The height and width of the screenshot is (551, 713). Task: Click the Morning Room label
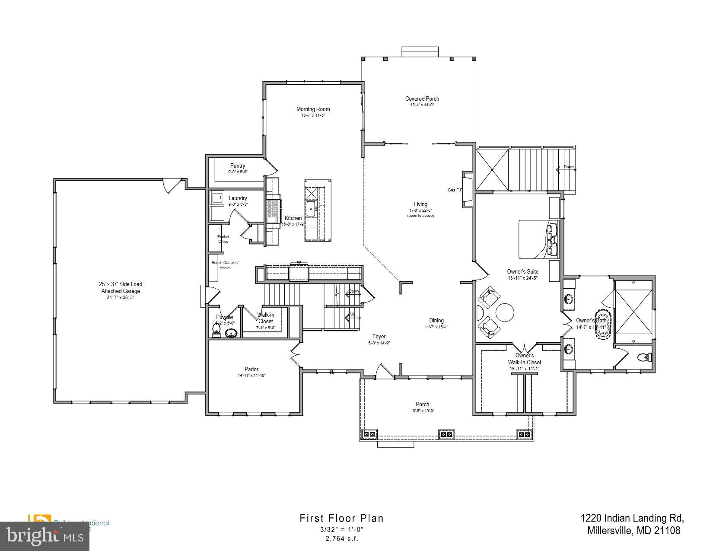click(313, 109)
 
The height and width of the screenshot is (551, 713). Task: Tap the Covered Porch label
click(422, 99)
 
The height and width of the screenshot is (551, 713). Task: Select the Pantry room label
click(237, 166)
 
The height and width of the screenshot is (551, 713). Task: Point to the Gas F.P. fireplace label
click(455, 190)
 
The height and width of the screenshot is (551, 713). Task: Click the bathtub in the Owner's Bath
click(602, 325)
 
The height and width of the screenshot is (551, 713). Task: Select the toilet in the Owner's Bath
click(644, 357)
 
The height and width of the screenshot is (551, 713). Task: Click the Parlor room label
click(251, 369)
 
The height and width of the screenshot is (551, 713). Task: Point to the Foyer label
click(379, 337)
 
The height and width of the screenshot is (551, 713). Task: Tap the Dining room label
click(436, 321)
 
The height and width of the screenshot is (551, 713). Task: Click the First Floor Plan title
click(341, 518)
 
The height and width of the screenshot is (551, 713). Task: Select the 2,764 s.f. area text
click(342, 539)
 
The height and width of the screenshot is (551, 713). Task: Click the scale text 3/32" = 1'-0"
click(342, 529)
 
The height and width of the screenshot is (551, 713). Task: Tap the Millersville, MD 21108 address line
click(633, 530)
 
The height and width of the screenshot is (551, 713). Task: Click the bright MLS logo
click(45, 536)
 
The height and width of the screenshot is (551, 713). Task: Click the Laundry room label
click(238, 198)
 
